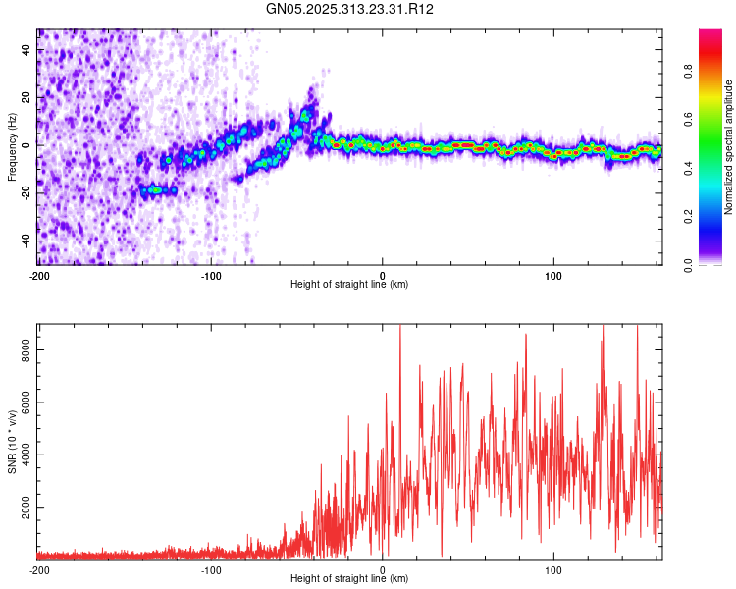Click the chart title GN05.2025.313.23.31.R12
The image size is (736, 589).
(x=350, y=9)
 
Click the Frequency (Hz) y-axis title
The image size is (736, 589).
(x=12, y=146)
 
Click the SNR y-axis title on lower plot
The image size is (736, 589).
(x=12, y=441)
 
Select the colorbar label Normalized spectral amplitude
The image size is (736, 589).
(x=728, y=147)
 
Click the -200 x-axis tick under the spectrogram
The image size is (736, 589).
(x=38, y=275)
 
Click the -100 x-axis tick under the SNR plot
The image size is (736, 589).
(x=210, y=569)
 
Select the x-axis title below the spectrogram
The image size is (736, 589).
(x=349, y=285)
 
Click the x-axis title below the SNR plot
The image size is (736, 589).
(x=349, y=579)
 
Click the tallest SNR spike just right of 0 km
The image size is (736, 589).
(x=400, y=329)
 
